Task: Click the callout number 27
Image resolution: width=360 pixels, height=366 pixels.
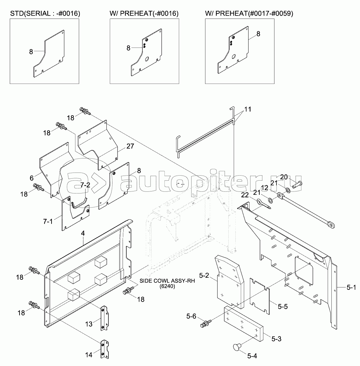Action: pyautogui.click(x=130, y=147)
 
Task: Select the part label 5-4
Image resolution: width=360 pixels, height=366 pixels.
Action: pyautogui.click(x=253, y=355)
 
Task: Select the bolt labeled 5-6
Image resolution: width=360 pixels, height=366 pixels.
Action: pyautogui.click(x=205, y=324)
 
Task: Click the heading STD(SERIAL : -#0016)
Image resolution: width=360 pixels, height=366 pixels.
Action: pyautogui.click(x=45, y=14)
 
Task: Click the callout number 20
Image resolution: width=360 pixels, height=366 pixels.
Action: pyautogui.click(x=284, y=177)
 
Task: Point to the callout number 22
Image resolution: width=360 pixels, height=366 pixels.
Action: pyautogui.click(x=244, y=195)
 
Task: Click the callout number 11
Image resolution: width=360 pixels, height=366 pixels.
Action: pyautogui.click(x=248, y=109)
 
